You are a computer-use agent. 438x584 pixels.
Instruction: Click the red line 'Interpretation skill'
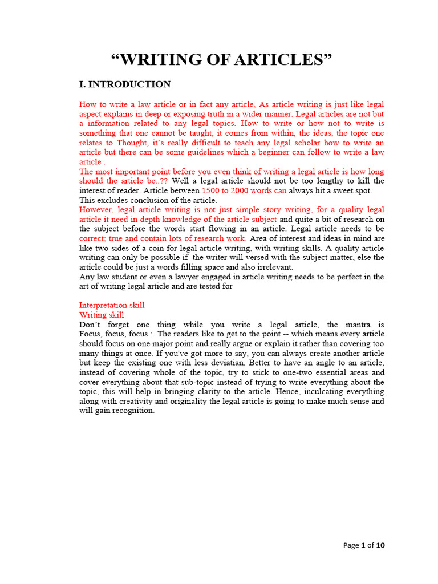[112, 305]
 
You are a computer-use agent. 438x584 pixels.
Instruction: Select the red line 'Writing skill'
[102, 315]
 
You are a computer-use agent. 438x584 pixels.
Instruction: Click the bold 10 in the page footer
[380, 545]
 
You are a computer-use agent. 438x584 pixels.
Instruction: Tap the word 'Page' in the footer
[351, 545]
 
